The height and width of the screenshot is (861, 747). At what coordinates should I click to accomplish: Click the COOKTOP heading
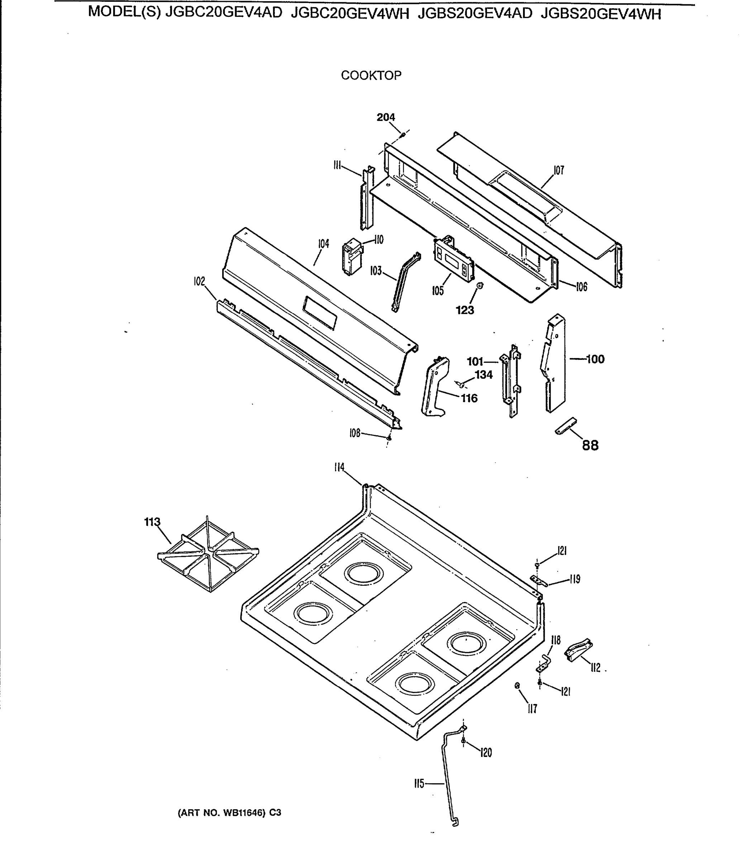click(371, 75)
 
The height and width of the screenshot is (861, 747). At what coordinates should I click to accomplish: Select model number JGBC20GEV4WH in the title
click(350, 14)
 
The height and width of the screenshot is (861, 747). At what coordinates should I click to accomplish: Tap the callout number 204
click(386, 118)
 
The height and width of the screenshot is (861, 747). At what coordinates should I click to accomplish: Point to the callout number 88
click(590, 446)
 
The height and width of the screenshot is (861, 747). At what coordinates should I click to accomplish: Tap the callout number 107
click(558, 170)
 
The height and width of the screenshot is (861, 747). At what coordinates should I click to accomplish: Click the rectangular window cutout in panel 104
click(320, 313)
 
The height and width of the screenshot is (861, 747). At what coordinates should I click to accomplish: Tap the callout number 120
click(486, 753)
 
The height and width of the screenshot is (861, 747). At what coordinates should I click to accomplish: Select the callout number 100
click(595, 359)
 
